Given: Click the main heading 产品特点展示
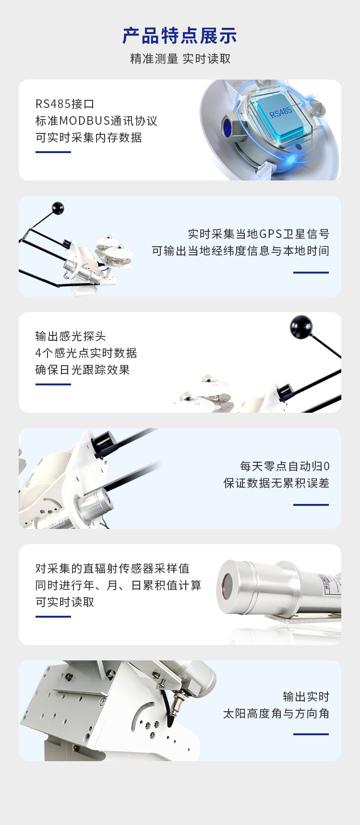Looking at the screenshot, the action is tap(180, 36).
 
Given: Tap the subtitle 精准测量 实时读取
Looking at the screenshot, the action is tap(180, 59).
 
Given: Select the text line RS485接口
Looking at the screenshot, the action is tap(65, 104).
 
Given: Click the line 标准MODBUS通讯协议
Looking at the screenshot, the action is tap(96, 120).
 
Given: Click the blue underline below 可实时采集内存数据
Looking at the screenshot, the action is tap(53, 152).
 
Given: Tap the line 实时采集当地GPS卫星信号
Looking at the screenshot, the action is tap(259, 234).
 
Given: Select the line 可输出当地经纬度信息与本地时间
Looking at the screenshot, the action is tap(240, 251).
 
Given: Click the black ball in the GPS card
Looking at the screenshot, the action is tap(58, 208).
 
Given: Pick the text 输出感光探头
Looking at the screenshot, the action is tap(71, 336).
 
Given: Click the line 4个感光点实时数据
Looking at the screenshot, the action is tap(86, 353).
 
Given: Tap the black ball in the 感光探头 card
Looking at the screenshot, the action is tap(301, 326).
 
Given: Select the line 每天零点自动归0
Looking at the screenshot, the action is tap(285, 466).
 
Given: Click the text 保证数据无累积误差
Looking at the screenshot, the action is tap(276, 483).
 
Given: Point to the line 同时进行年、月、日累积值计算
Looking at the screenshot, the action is tap(119, 585).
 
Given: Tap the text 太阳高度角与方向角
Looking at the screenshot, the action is tap(276, 713).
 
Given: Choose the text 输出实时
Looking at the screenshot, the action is tap(306, 696).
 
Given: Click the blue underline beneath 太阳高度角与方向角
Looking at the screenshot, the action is tap(311, 734).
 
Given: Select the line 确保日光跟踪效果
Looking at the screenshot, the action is tap(83, 370).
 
